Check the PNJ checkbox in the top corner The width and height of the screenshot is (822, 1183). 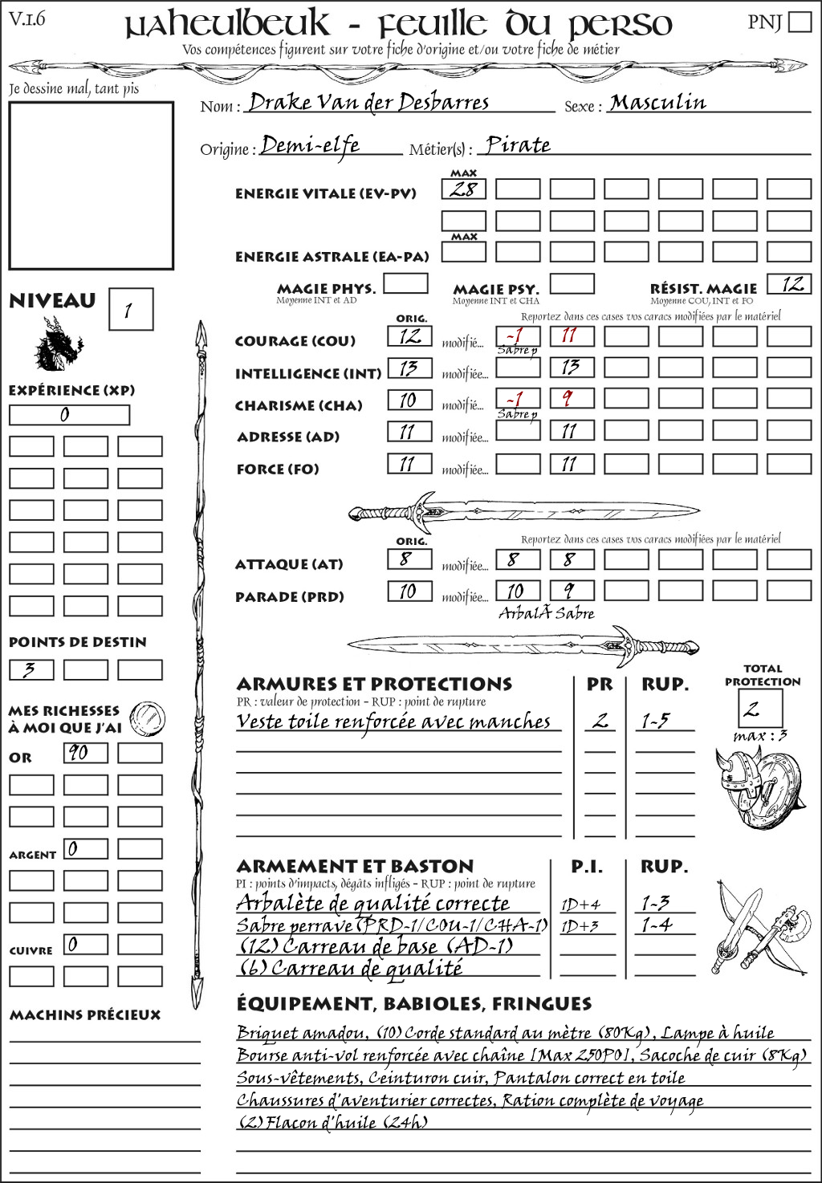click(x=800, y=22)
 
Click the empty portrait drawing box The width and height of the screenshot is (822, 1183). click(x=91, y=185)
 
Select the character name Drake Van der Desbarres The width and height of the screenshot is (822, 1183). click(x=368, y=103)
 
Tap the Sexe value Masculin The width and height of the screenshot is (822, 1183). click(x=657, y=103)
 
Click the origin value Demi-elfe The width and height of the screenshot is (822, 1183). click(x=311, y=145)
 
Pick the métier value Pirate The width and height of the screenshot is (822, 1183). click(x=519, y=145)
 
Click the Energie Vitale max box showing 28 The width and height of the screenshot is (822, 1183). click(x=463, y=189)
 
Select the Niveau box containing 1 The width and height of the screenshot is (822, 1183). click(x=130, y=309)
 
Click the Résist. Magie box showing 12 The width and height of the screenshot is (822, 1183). click(x=789, y=284)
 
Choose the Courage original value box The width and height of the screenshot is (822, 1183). click(x=409, y=336)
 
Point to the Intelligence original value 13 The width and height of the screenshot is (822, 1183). click(x=409, y=368)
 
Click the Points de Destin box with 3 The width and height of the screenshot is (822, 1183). click(x=31, y=669)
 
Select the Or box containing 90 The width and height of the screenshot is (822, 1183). click(x=85, y=753)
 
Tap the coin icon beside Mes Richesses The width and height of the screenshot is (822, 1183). click(x=148, y=717)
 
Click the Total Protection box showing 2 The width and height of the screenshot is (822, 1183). click(x=761, y=708)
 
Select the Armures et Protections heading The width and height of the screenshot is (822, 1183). click(x=374, y=685)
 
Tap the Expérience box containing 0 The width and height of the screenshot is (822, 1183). click(x=69, y=415)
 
